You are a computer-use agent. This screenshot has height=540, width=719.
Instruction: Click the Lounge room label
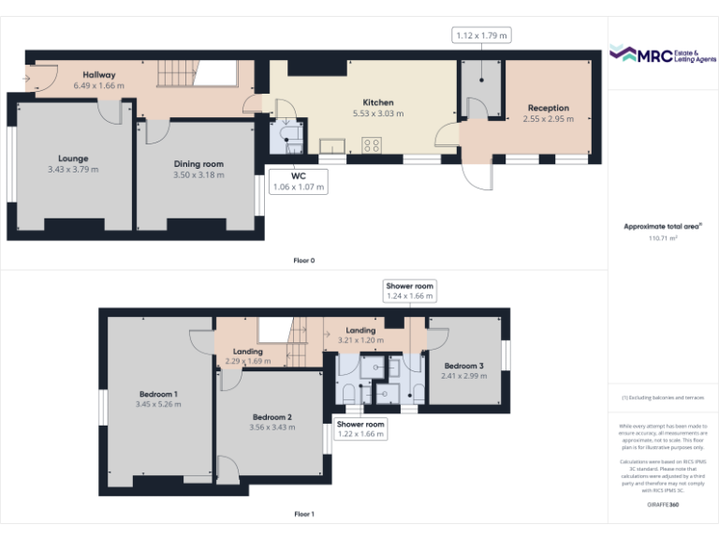[72, 158]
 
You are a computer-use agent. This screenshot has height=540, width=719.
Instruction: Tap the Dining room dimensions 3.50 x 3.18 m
[198, 174]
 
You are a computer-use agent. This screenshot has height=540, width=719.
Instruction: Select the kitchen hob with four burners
[371, 145]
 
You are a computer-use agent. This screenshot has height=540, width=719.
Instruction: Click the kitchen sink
[331, 145]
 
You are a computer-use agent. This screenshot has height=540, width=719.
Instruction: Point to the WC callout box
[298, 181]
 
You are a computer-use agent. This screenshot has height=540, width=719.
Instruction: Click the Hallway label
[98, 74]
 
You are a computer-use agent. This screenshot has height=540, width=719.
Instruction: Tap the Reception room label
[548, 108]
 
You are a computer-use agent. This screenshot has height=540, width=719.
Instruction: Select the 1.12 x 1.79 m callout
[481, 36]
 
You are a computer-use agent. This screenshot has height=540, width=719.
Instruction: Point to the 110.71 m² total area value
[663, 238]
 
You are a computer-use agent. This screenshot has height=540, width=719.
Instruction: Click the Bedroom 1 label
[158, 394]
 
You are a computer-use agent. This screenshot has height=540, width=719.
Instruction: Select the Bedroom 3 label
[463, 366]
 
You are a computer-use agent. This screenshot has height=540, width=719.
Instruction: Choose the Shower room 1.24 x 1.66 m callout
[411, 291]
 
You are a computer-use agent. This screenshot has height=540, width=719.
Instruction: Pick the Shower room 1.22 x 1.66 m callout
[360, 429]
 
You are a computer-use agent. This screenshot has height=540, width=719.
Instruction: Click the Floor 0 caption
[303, 260]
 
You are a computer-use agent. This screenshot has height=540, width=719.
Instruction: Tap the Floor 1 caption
[303, 514]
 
